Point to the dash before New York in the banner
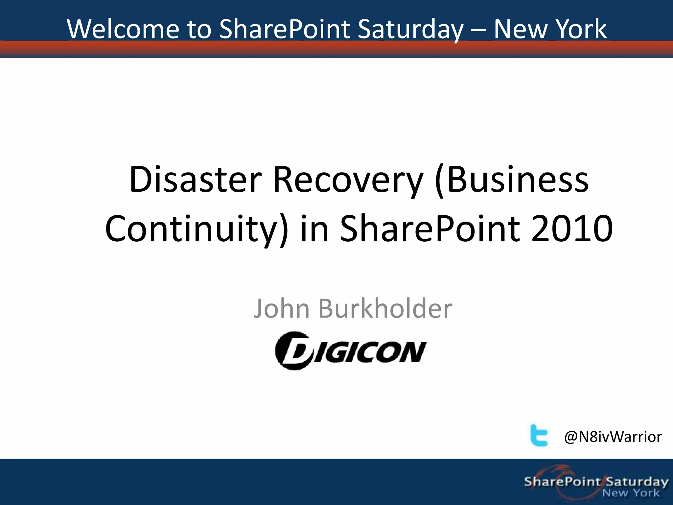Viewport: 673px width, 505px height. click(478, 30)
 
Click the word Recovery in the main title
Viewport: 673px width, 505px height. click(348, 180)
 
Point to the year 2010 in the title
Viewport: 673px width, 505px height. click(572, 228)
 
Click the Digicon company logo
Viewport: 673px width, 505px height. click(351, 351)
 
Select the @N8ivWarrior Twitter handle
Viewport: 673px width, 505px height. click(613, 437)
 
